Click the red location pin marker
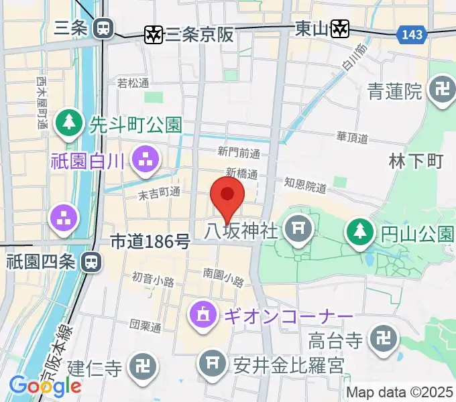[227, 195]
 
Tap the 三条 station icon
[103, 28]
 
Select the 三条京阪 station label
[200, 33]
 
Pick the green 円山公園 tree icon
[359, 232]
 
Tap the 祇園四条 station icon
[89, 262]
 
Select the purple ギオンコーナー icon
[202, 312]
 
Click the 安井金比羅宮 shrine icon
[212, 364]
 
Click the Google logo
[45, 386]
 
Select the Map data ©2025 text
[400, 392]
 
